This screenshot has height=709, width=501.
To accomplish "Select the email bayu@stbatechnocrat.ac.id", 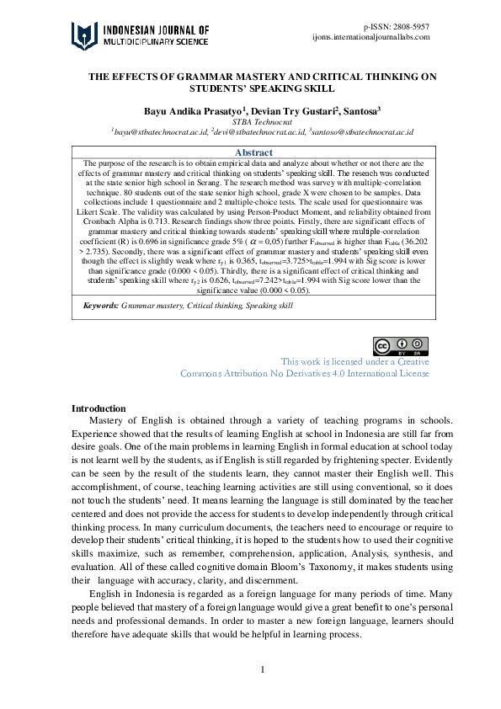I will tap(159, 133).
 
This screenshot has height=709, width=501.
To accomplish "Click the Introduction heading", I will tap(99, 408).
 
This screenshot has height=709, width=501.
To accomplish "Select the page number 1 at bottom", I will tap(263, 669).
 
